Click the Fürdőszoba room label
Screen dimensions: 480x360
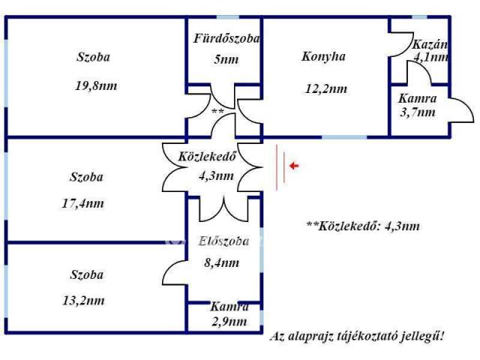pos(226,38)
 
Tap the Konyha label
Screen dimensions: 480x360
pos(323,57)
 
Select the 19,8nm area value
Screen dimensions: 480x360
pos(96,85)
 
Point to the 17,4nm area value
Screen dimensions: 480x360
pos(83,203)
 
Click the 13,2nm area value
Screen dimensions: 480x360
pos(83,301)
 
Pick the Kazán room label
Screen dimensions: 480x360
pos(430,45)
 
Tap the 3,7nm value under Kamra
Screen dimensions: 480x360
pos(418,112)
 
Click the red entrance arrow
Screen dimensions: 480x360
pos(294,166)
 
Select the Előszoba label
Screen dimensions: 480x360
pos(223,241)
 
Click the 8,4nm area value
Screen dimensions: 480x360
pos(222,263)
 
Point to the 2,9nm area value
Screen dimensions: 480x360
pos(229,322)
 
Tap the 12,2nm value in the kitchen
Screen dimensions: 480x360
pos(326,89)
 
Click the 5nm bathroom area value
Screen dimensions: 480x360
pos(226,59)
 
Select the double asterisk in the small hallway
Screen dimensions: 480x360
pos(217,112)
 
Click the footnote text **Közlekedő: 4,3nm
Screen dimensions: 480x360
pos(363,226)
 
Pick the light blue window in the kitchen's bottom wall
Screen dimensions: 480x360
pos(345,136)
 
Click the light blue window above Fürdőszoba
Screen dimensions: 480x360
pos(228,17)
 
